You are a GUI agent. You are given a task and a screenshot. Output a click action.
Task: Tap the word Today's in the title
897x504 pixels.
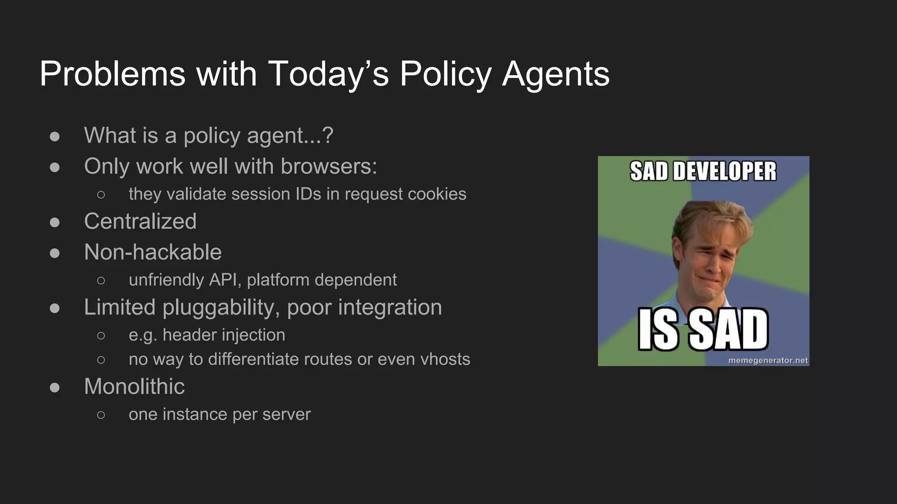tap(328, 73)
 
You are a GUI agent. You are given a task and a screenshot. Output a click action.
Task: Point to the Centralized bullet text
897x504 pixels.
tap(140, 221)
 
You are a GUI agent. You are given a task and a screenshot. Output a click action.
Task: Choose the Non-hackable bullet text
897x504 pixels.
tap(153, 252)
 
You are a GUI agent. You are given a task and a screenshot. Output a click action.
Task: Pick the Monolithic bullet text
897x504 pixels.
tap(134, 386)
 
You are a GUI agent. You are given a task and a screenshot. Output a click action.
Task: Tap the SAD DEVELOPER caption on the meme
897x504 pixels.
tap(703, 171)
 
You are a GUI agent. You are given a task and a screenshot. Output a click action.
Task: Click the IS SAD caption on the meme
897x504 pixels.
tap(703, 329)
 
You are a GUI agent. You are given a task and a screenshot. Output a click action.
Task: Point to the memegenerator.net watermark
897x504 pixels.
tap(768, 360)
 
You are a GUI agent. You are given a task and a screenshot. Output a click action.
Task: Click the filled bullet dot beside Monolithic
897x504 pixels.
tap(55, 388)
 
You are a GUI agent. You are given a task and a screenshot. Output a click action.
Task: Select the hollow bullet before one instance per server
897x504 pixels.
tap(101, 415)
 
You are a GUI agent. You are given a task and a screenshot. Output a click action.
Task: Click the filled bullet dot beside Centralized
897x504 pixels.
tap(55, 222)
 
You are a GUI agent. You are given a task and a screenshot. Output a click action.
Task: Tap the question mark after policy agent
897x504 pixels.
tap(327, 135)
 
